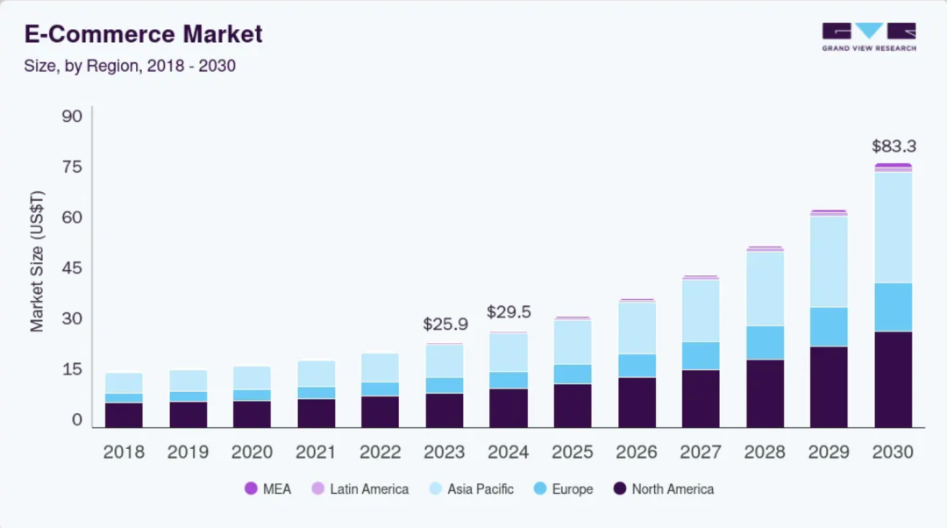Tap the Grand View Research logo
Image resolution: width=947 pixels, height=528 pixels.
point(868,36)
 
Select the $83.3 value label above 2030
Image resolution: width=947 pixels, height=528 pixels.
point(894,146)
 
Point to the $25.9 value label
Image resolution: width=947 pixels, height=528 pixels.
point(445,324)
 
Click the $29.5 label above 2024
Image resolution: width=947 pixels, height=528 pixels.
point(509,311)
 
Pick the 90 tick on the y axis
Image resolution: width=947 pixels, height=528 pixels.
point(72,117)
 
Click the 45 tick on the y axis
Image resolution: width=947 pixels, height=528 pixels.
point(72,268)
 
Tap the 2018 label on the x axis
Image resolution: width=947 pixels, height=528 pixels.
point(125,453)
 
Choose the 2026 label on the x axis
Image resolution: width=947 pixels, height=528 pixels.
point(637,453)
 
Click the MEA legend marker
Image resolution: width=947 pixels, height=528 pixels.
point(251,489)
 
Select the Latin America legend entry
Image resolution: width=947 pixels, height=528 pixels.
point(360,489)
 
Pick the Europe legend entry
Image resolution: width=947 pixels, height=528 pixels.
point(563,489)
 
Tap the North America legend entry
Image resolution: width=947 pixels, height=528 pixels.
point(663,489)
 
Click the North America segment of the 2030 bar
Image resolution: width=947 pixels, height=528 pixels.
point(893,379)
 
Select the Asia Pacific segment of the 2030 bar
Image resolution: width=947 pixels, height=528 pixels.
point(893,227)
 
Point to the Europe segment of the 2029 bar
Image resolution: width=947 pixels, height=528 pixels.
point(829,326)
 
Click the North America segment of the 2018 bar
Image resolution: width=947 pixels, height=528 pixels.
point(125,415)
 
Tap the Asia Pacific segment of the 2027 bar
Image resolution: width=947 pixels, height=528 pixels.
point(701,310)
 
